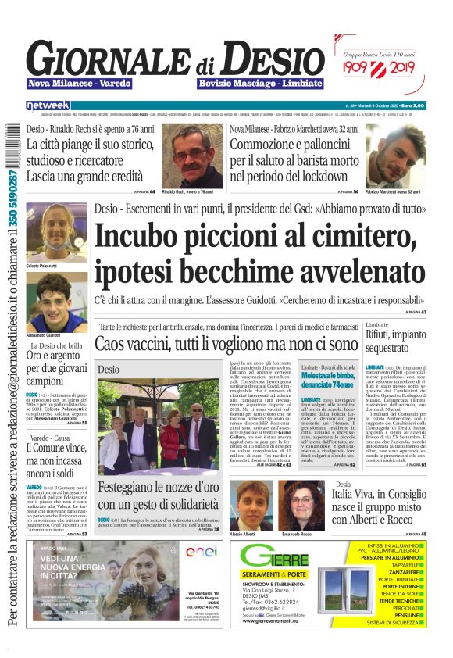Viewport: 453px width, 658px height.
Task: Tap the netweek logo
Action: (x=48, y=105)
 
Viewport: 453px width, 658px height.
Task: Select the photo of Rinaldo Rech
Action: (x=192, y=155)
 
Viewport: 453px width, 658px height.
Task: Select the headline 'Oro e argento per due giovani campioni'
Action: (x=57, y=367)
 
